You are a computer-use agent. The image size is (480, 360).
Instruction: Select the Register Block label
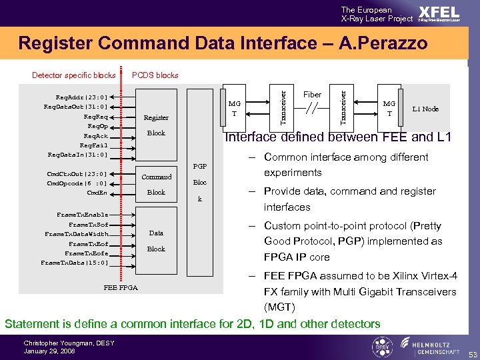click(x=156, y=125)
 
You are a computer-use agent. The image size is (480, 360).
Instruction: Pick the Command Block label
click(x=156, y=184)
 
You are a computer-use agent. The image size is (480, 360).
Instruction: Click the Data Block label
click(x=156, y=241)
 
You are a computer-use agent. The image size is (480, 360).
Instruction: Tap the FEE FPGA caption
click(x=121, y=288)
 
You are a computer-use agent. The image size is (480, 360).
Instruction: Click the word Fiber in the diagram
click(x=312, y=95)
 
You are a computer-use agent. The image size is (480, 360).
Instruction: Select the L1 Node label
click(x=425, y=109)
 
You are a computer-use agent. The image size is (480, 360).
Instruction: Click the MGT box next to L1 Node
click(x=389, y=109)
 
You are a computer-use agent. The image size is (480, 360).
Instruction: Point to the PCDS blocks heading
click(x=155, y=75)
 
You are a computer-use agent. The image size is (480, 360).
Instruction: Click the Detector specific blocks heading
click(x=73, y=75)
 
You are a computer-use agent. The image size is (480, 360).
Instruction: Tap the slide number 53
click(x=471, y=353)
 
